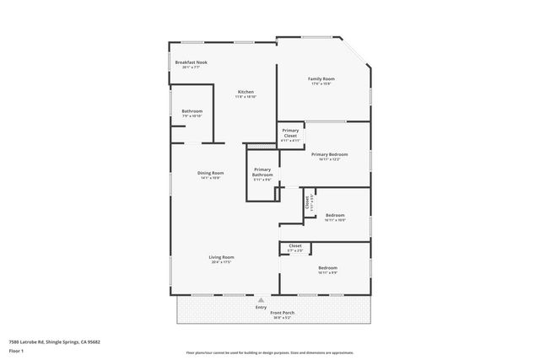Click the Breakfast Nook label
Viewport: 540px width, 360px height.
[191, 62]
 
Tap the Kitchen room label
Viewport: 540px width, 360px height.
[246, 92]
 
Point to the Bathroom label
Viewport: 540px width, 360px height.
[192, 111]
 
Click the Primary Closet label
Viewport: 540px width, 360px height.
[290, 132]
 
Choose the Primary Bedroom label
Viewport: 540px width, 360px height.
[329, 154]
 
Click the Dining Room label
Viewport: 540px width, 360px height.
[211, 173]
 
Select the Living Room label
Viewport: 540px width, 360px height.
[222, 257]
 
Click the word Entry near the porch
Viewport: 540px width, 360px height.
[261, 308]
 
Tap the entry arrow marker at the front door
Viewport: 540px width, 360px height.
[261, 299]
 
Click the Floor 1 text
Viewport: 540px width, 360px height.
[16, 350]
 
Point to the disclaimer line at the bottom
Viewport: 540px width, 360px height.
[269, 352]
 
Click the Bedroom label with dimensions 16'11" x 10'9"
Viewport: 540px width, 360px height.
[335, 215]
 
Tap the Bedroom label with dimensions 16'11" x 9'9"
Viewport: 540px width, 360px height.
[327, 267]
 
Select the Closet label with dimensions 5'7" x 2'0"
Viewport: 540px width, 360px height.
[295, 245]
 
